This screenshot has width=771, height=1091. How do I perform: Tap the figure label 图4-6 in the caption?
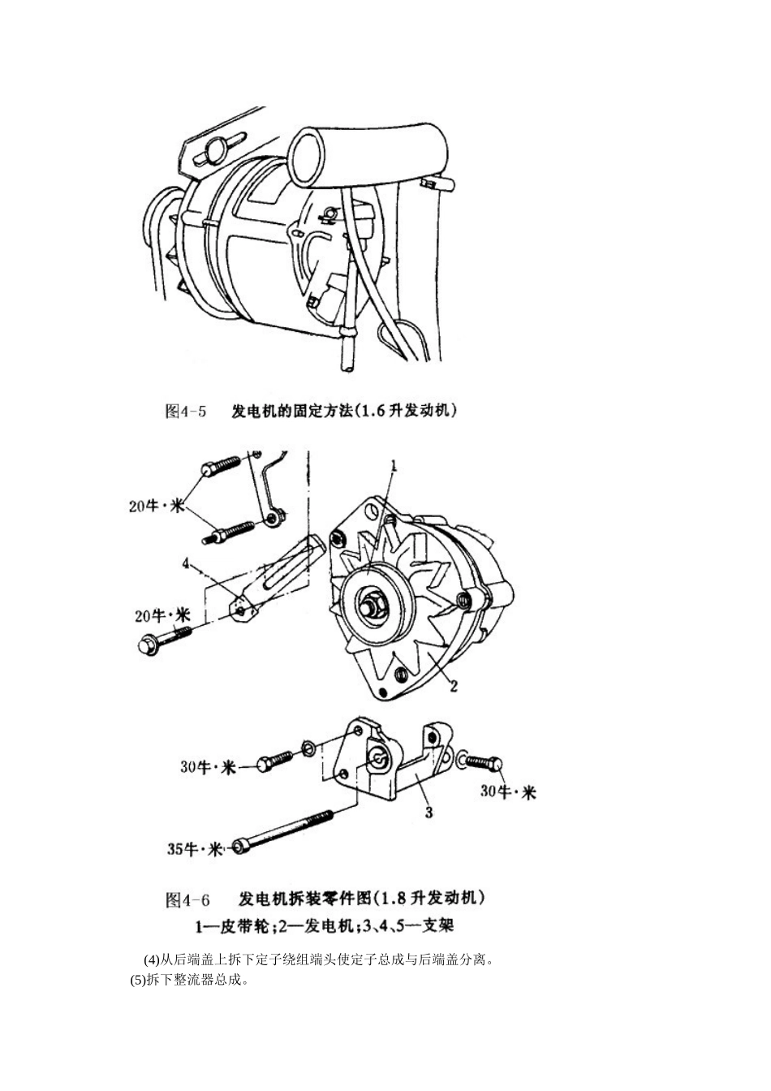click(x=187, y=899)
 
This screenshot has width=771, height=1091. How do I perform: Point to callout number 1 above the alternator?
click(x=393, y=466)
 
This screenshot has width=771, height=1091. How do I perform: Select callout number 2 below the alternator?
click(x=454, y=686)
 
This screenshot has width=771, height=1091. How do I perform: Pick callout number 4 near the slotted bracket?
click(x=186, y=562)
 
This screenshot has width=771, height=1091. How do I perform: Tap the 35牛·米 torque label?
click(x=195, y=849)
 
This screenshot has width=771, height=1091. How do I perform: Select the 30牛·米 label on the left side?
click(x=207, y=766)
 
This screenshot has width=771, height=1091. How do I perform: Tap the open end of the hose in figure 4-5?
click(x=307, y=152)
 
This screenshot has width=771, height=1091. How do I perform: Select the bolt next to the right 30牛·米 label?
click(x=484, y=761)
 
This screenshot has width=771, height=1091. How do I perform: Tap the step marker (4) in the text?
click(x=152, y=960)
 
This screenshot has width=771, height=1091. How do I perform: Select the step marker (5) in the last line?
click(x=138, y=979)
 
